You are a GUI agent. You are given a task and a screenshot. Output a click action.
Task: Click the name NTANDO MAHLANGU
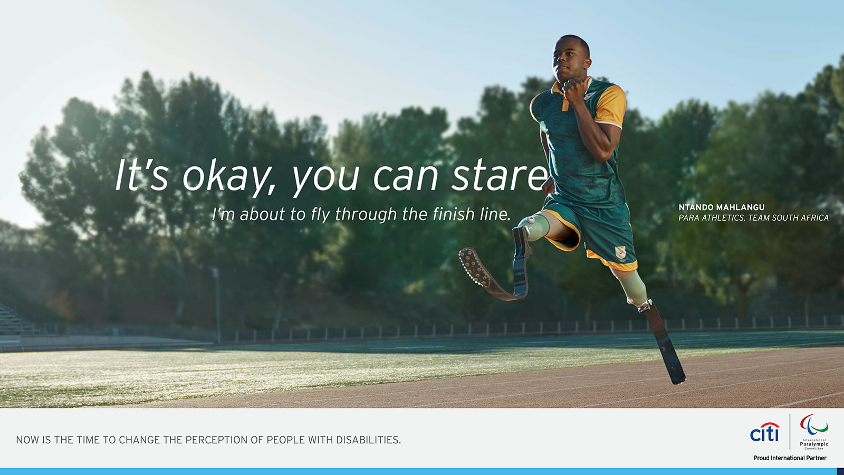(x=721, y=207)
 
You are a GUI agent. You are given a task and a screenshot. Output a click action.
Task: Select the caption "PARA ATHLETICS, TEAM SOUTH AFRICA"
(x=753, y=218)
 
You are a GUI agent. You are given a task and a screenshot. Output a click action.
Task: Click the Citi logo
(x=764, y=433)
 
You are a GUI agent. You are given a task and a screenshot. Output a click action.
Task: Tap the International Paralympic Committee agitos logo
(x=814, y=425)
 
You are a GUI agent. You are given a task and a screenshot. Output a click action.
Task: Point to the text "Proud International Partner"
(x=790, y=458)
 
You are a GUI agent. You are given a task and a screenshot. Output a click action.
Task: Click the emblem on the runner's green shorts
(x=621, y=252)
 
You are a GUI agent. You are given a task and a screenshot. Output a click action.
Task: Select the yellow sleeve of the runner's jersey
(x=610, y=106)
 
